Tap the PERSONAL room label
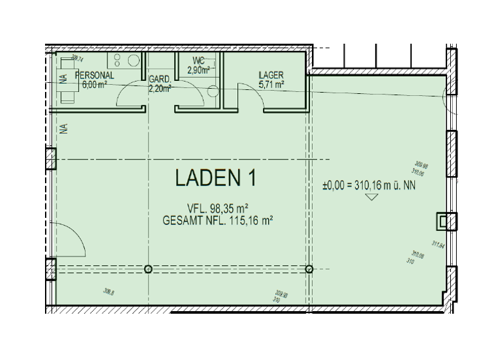coord(95,75)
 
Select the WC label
coord(197,62)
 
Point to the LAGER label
coord(271,75)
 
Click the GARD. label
coord(160,80)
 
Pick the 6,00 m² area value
coord(94,84)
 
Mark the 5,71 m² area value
coord(271,84)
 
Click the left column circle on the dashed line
coord(149,269)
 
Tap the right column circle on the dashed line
coord(309,269)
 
